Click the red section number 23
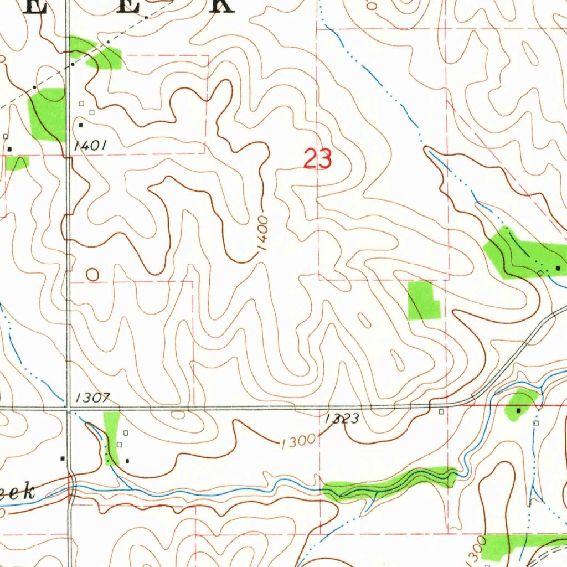click(x=318, y=159)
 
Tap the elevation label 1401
click(x=90, y=146)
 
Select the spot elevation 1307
click(x=94, y=397)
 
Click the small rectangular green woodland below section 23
click(x=423, y=300)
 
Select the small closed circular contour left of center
click(x=92, y=274)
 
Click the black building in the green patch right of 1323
click(x=519, y=411)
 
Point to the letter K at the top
click(x=221, y=6)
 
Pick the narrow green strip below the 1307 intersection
click(x=111, y=437)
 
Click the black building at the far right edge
click(x=558, y=268)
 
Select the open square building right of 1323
click(x=441, y=412)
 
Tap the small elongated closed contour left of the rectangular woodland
click(x=364, y=319)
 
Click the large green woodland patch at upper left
click(x=49, y=114)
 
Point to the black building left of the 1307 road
click(x=63, y=458)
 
